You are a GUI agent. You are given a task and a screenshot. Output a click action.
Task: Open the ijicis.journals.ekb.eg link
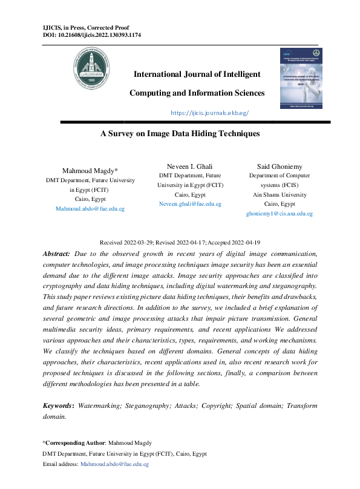(210, 113)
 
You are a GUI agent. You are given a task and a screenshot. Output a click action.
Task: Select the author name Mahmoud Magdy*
(90, 171)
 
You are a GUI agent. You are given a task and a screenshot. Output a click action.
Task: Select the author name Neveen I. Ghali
(190, 166)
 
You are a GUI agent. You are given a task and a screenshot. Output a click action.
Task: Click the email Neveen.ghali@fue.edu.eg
(190, 205)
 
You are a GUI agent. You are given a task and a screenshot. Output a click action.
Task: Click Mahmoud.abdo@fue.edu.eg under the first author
(90, 208)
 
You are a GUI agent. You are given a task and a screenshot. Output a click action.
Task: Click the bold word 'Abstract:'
(57, 254)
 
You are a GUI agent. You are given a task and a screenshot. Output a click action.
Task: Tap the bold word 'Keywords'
(57, 405)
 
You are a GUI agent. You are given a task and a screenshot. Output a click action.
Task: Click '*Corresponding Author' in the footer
(73, 443)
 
